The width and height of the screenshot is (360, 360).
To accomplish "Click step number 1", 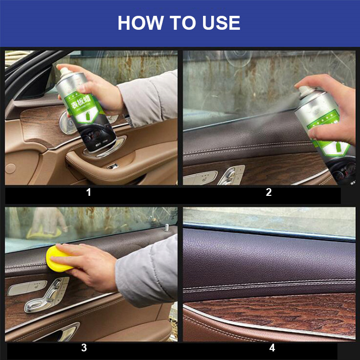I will tap(88, 193).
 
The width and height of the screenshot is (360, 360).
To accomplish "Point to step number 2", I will tap(269, 193).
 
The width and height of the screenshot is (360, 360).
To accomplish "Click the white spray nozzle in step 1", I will tap(63, 72).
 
